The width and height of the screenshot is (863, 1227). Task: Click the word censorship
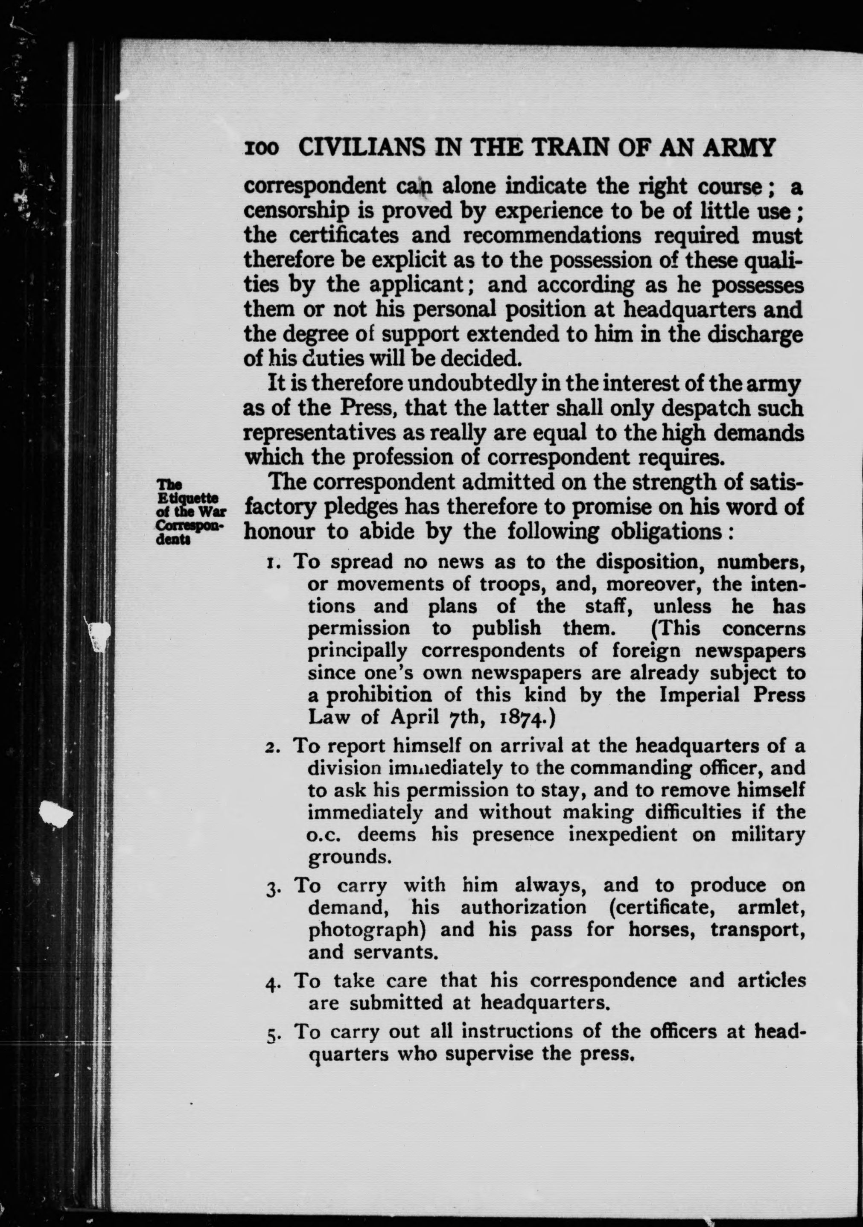click(x=297, y=213)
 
